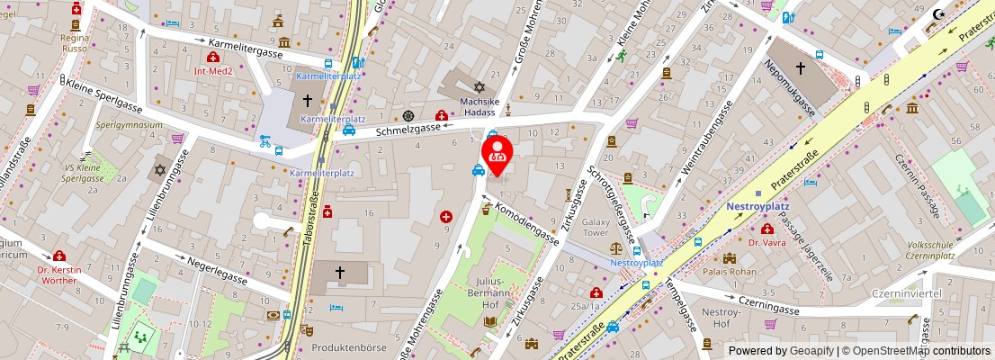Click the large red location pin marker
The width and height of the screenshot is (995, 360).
pyautogui.click(x=497, y=151)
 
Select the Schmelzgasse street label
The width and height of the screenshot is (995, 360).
pyautogui.click(x=408, y=129)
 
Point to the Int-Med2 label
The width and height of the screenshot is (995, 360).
pyautogui.click(x=213, y=70)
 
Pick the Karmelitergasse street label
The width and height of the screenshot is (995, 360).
pyautogui.click(x=246, y=49)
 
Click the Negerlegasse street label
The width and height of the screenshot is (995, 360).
pyautogui.click(x=218, y=274)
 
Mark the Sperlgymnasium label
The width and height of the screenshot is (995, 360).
pyautogui.click(x=129, y=125)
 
